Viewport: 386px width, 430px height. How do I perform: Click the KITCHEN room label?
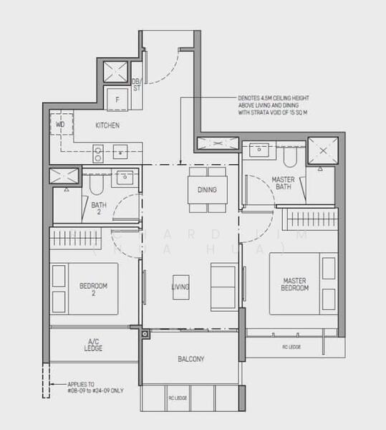(107, 125)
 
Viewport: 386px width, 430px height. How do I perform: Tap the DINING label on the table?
(207, 190)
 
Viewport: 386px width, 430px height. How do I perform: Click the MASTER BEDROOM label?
(295, 284)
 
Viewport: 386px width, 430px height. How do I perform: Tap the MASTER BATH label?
(284, 183)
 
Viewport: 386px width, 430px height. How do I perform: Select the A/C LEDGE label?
(93, 345)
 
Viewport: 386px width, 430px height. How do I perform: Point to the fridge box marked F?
(117, 100)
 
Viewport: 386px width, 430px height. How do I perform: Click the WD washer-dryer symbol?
(60, 125)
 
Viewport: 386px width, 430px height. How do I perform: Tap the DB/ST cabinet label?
(136, 86)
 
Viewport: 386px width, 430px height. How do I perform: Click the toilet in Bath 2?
(97, 186)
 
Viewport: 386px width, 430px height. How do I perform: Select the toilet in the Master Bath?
(291, 157)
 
